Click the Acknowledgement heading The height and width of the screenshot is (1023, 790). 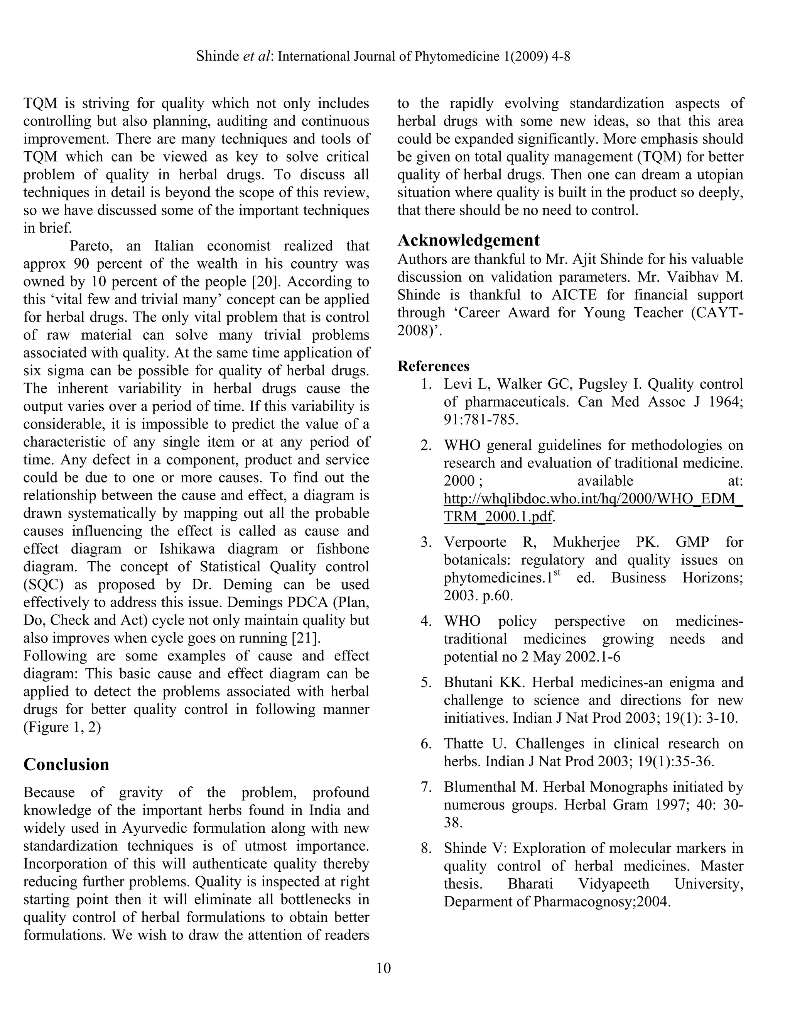pos(468,240)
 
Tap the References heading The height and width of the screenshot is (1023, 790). pos(433,366)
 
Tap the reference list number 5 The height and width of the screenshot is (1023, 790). pos(425,683)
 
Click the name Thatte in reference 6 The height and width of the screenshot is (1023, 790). pos(463,744)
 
